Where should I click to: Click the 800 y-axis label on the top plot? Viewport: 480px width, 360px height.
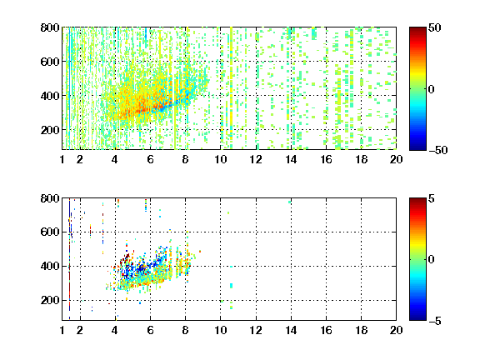(x=50, y=27)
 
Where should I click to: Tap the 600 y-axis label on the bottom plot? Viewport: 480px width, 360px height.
(x=50, y=232)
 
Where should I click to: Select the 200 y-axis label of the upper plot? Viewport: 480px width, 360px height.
(x=50, y=130)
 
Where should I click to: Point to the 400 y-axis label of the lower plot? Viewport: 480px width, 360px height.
(x=50, y=266)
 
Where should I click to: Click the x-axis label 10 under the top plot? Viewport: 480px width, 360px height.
(x=220, y=159)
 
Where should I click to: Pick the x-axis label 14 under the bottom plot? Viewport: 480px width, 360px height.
(x=291, y=330)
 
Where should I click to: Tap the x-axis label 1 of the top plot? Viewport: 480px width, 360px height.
(x=62, y=159)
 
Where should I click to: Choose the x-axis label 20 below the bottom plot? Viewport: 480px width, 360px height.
(x=396, y=330)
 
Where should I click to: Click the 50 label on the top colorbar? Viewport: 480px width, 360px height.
(x=434, y=27)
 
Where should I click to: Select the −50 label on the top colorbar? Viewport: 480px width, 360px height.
(x=437, y=150)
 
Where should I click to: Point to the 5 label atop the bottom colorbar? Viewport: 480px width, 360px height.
(x=432, y=198)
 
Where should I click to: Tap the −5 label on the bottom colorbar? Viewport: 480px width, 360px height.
(x=435, y=321)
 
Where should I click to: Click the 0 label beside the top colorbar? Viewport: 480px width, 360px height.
(x=431, y=89)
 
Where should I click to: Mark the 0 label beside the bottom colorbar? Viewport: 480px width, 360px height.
(x=431, y=260)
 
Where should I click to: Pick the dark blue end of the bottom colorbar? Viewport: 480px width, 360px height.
(x=417, y=317)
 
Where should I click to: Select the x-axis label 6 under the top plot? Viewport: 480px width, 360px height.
(x=150, y=159)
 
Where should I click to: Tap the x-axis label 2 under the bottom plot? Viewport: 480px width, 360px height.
(x=80, y=330)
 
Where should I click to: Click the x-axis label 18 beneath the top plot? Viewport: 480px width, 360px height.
(x=361, y=159)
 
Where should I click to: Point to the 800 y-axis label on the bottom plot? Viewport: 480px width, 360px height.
(x=50, y=198)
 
